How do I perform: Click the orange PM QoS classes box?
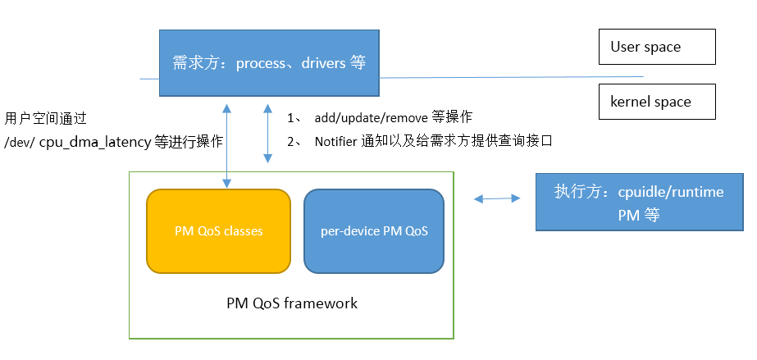(218, 231)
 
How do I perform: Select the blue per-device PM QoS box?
(374, 231)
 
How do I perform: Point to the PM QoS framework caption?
(292, 303)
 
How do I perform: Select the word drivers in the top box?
(323, 63)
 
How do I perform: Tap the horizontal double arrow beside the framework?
(498, 198)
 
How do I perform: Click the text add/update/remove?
(371, 117)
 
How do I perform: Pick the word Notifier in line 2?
(335, 141)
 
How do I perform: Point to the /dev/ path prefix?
(20, 142)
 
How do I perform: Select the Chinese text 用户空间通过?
(45, 117)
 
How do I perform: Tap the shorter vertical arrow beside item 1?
(267, 133)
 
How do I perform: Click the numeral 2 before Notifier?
(290, 141)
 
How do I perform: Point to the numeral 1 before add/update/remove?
(290, 117)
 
